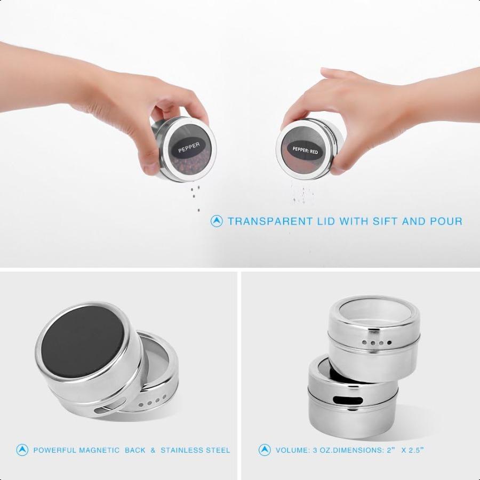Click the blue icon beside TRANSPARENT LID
tap(217, 221)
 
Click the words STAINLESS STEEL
tap(195, 450)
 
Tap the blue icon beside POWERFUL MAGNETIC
tap(22, 450)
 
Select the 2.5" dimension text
tap(414, 450)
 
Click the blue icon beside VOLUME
tap(265, 450)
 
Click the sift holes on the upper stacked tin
tap(377, 342)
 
